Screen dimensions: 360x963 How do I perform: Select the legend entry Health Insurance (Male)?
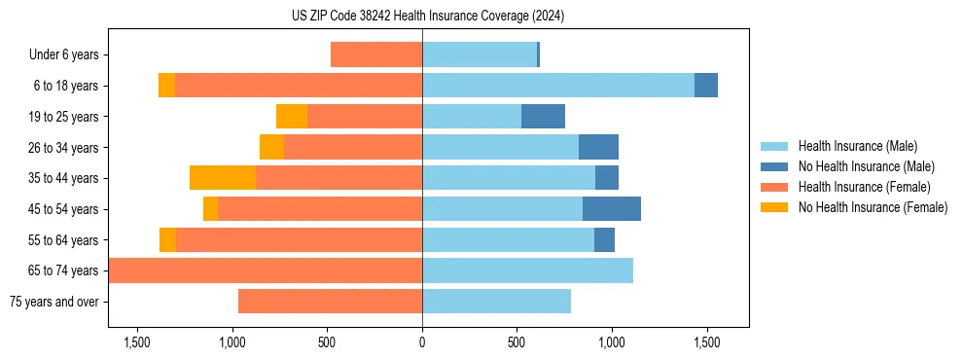pyautogui.click(x=857, y=146)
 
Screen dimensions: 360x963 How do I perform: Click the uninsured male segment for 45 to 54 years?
pyautogui.click(x=612, y=209)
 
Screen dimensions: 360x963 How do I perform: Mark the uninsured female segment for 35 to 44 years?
pyautogui.click(x=223, y=178)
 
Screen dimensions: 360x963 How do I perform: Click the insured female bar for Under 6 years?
pyautogui.click(x=376, y=54)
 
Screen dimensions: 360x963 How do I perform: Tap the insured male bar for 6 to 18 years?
pyautogui.click(x=558, y=86)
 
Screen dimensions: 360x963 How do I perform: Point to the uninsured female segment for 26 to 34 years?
pyautogui.click(x=271, y=147)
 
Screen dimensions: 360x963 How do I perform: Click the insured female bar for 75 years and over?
pyautogui.click(x=330, y=302)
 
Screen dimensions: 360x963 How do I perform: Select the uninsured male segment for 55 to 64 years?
pyautogui.click(x=604, y=239)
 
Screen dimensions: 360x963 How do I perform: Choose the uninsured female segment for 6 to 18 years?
pyautogui.click(x=166, y=86)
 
